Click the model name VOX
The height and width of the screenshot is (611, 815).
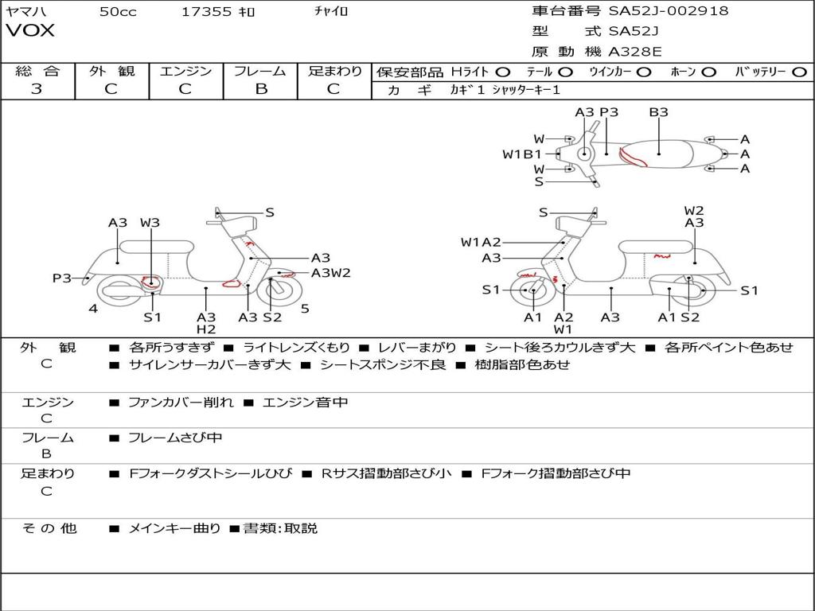(31, 31)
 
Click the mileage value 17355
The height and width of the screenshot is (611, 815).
(207, 11)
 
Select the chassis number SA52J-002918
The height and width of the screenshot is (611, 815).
(669, 11)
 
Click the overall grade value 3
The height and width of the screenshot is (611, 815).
(37, 89)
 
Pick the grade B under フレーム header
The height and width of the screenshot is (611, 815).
(260, 89)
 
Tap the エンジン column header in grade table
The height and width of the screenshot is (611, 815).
(185, 72)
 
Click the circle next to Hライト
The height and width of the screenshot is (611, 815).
(503, 72)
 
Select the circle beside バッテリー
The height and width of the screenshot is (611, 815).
(799, 72)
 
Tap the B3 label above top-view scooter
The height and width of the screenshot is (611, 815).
(658, 112)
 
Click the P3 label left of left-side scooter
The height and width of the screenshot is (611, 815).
(62, 278)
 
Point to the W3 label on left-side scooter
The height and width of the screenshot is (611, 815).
(150, 223)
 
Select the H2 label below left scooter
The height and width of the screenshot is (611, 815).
(206, 329)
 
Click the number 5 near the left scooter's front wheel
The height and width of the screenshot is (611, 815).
(305, 309)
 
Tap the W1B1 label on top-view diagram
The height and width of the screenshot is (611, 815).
(522, 154)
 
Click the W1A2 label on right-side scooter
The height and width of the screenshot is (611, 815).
(481, 242)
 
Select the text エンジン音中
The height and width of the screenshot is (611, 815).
(305, 403)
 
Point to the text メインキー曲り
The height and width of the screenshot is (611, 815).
(174, 528)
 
